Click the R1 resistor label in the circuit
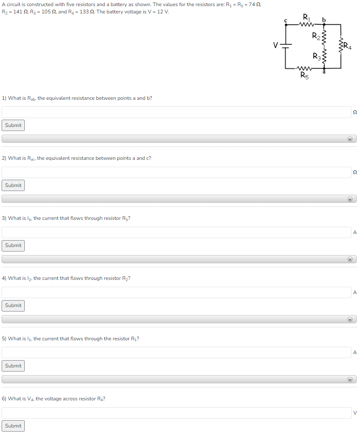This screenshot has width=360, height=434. [306, 17]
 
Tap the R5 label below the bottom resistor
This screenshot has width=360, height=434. [304, 75]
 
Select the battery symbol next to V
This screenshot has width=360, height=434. [286, 45]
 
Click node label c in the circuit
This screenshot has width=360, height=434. [286, 19]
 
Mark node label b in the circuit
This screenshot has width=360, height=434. [323, 19]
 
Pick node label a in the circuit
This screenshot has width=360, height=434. [324, 72]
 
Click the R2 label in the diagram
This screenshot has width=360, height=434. [316, 36]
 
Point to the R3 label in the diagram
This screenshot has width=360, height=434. [316, 56]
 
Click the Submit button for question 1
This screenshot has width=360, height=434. [13, 125]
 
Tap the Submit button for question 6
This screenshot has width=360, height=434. [13, 426]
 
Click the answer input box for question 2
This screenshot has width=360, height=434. [176, 172]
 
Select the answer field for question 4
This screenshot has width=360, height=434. [176, 292]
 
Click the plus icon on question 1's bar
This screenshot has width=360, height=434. [349, 139]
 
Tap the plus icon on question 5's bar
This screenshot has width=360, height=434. [349, 380]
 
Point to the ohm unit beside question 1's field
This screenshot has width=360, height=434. [355, 112]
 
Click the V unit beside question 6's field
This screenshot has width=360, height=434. [355, 413]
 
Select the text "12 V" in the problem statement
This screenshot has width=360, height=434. [163, 11]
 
